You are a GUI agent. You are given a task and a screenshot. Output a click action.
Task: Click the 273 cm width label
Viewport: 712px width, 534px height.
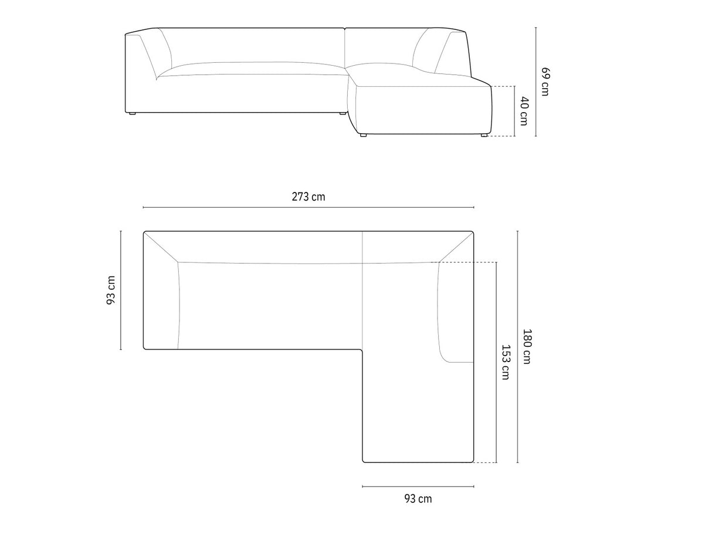(308, 197)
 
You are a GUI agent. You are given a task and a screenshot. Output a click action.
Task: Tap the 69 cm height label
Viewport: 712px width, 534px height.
(545, 82)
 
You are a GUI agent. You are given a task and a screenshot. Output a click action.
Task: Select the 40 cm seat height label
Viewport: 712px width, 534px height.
(524, 111)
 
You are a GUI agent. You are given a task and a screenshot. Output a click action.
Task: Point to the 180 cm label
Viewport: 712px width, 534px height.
(527, 346)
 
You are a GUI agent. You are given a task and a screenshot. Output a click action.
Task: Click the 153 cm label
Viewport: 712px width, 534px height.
(506, 362)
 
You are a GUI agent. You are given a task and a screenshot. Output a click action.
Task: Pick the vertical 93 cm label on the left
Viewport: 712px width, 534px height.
(111, 290)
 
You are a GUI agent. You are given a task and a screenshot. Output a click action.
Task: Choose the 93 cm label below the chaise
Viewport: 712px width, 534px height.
(418, 498)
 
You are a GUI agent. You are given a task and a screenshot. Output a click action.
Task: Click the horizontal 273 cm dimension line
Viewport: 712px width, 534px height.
(308, 207)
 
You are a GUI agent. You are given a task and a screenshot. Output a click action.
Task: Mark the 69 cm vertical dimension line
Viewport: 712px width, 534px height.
(535, 82)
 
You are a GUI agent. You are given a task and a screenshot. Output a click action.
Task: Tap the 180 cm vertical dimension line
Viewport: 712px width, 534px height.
(517, 346)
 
